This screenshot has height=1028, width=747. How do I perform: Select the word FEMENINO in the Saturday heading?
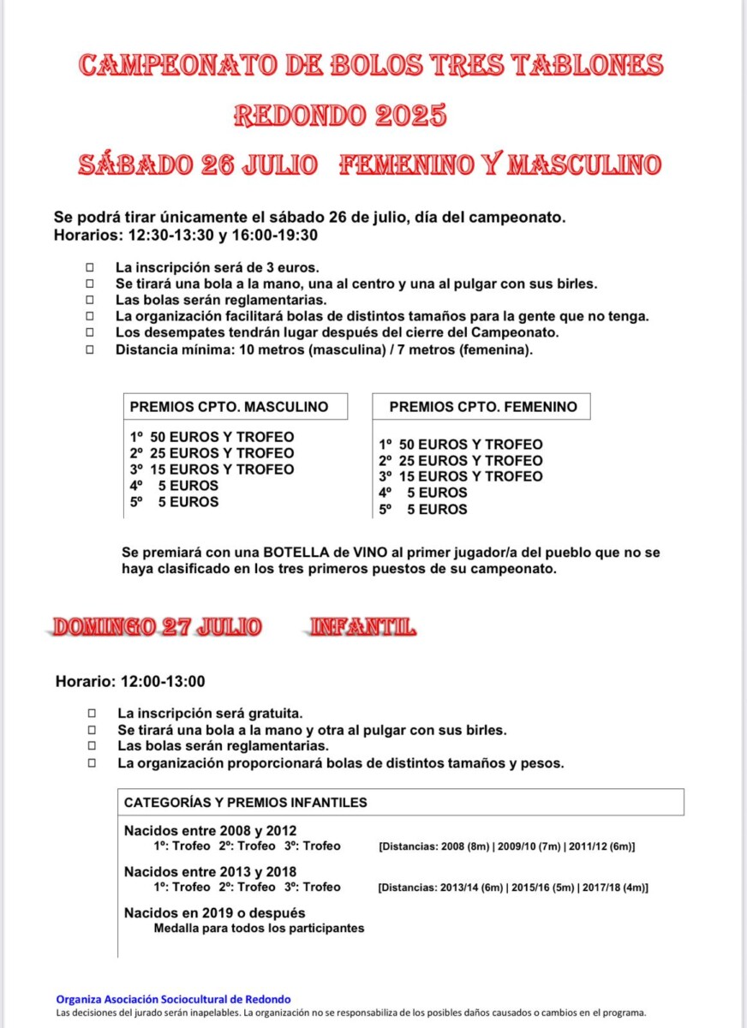pos(406,164)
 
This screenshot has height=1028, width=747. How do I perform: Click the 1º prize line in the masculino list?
pos(212,437)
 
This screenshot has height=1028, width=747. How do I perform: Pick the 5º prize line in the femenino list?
pos(423,510)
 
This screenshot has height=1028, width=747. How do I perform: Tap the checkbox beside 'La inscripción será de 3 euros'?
pos(89,267)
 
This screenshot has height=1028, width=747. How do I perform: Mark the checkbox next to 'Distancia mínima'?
pos(89,350)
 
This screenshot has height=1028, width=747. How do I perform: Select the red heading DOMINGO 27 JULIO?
pos(158,628)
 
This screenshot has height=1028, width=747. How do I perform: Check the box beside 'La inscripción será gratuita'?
pos(92,713)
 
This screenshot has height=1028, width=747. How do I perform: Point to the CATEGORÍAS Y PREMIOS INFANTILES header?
pos(245,803)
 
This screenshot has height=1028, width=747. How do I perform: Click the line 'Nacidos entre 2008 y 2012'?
pos(210,830)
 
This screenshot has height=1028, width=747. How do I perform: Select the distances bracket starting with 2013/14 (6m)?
pos(512,888)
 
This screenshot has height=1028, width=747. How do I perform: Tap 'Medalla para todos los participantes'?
pos(259,928)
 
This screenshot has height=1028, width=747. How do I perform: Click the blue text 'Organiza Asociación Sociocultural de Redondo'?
pos(173,999)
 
